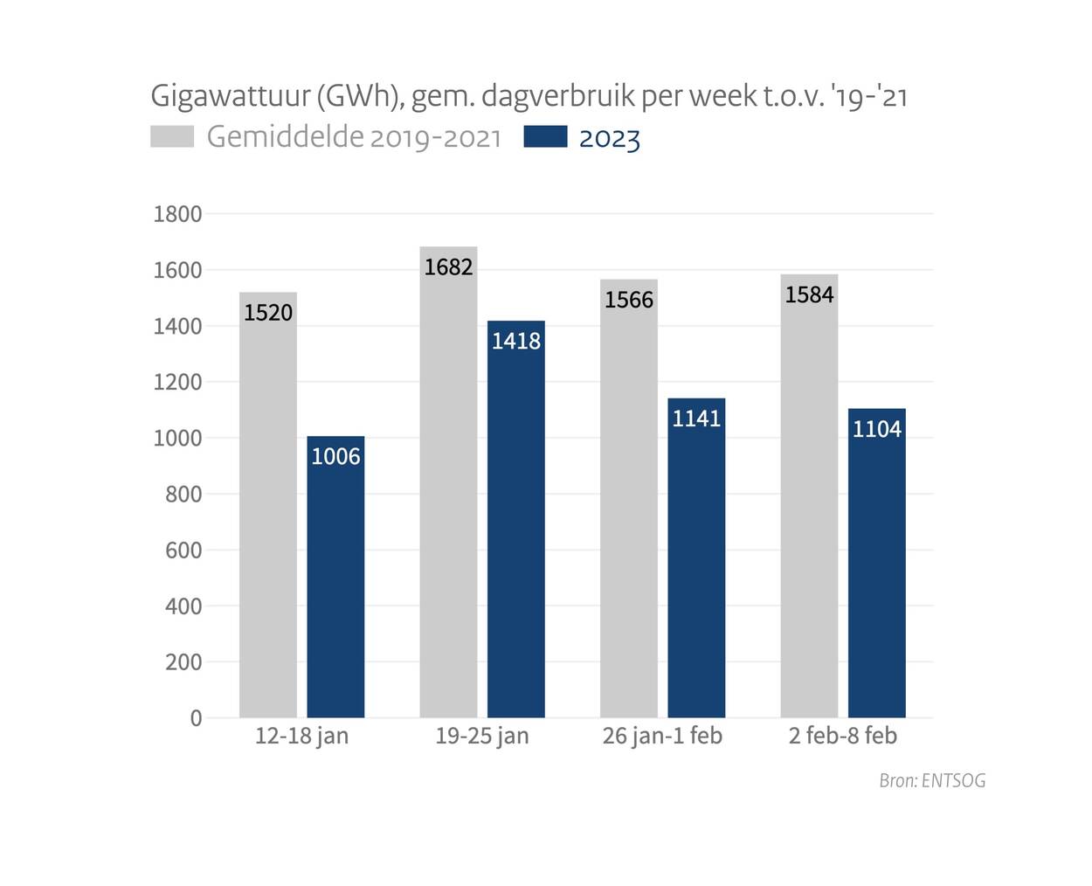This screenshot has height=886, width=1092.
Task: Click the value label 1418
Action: tap(515, 341)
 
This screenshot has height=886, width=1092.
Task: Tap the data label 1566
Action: tap(629, 300)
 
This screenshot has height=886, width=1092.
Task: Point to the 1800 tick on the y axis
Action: tap(177, 214)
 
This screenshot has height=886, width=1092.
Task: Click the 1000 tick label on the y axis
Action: tap(177, 438)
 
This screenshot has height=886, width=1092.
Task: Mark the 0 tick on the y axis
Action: tap(196, 718)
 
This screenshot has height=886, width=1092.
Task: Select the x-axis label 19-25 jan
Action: tap(482, 736)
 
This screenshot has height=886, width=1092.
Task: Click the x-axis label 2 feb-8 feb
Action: tap(842, 736)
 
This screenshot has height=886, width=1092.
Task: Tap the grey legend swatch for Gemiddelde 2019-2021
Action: tap(172, 137)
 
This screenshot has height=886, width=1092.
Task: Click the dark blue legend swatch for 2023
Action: tap(545, 137)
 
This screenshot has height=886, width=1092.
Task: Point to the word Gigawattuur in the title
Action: tap(230, 95)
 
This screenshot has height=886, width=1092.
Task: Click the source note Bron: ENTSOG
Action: tap(932, 780)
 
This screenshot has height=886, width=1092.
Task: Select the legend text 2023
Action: tap(610, 139)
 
